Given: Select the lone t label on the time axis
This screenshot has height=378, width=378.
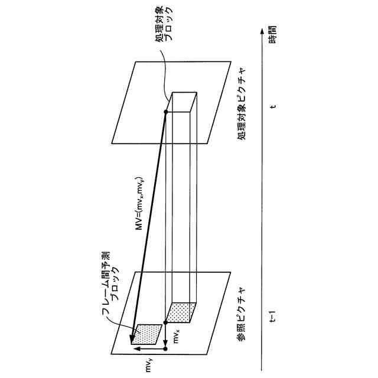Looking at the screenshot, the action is (x=273, y=107).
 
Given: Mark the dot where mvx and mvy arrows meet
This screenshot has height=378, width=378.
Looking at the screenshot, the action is (x=166, y=349).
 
